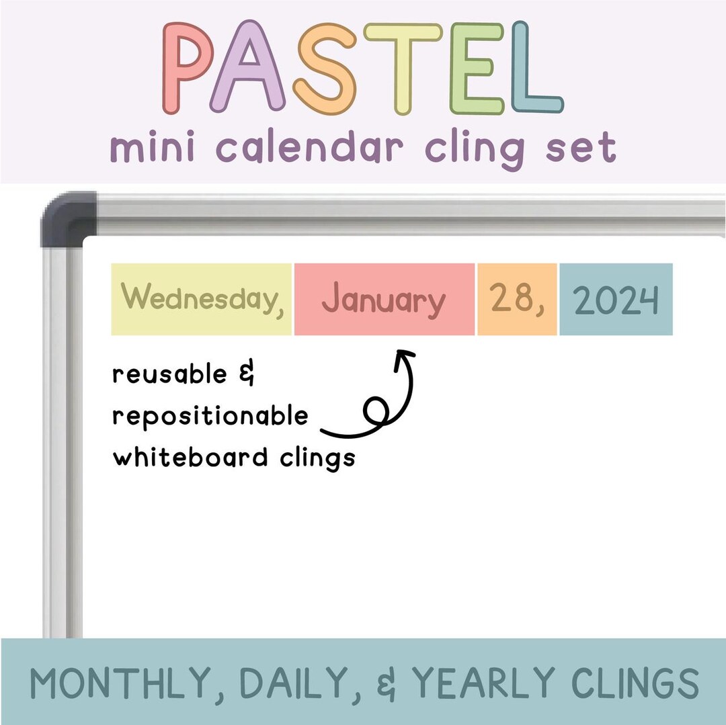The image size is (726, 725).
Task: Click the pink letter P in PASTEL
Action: pyautogui.click(x=188, y=67)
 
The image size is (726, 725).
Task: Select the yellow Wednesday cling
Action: pyautogui.click(x=202, y=299)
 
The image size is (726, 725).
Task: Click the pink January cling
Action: pyautogui.click(x=384, y=300)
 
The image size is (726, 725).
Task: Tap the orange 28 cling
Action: pyautogui.click(x=516, y=299)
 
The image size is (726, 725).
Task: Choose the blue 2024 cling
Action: pyautogui.click(x=616, y=300)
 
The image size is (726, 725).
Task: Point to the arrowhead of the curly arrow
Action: pyautogui.click(x=403, y=354)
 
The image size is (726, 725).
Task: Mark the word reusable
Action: pyautogui.click(x=170, y=374)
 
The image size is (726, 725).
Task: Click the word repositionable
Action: pyautogui.click(x=210, y=417)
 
